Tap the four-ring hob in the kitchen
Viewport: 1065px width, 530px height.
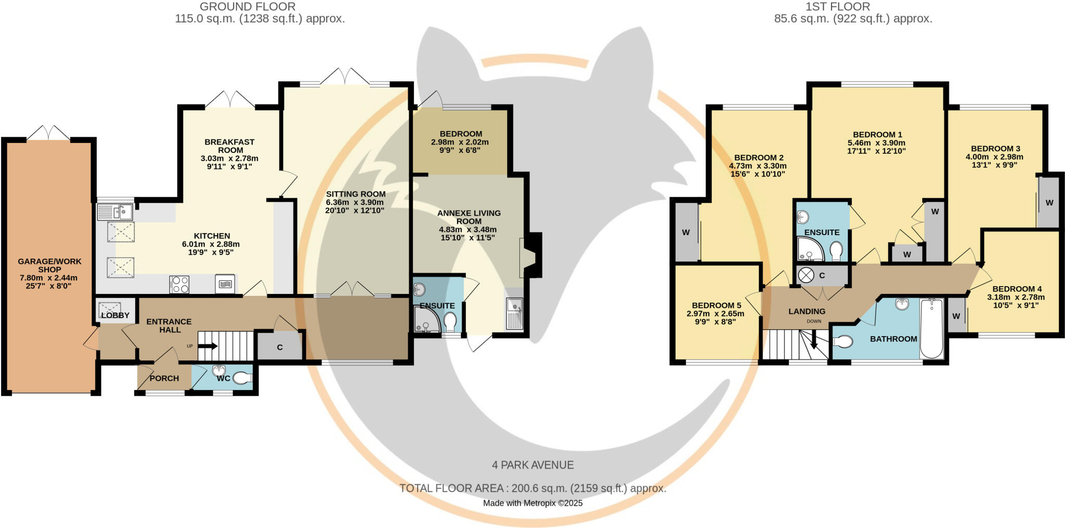point(179,285)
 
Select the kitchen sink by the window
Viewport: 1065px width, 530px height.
point(115,212)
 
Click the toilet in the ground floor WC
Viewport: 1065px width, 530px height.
point(242,378)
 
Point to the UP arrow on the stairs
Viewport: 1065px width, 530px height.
point(207,346)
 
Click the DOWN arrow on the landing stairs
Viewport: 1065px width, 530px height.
point(814,342)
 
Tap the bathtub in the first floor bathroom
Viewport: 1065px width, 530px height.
point(931,328)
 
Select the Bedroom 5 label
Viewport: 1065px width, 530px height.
point(716,305)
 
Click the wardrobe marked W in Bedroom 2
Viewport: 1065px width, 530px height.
point(686,232)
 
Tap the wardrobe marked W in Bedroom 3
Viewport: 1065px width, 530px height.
point(1049,202)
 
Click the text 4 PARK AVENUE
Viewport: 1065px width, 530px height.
point(532,465)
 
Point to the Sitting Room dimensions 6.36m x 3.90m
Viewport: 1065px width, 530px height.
point(355,202)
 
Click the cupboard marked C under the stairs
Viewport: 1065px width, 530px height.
point(280,347)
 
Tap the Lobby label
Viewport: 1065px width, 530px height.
point(115,315)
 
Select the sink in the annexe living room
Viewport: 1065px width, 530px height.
point(515,313)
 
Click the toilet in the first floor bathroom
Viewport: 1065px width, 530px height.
point(842,342)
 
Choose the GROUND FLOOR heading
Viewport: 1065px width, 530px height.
point(248,7)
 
